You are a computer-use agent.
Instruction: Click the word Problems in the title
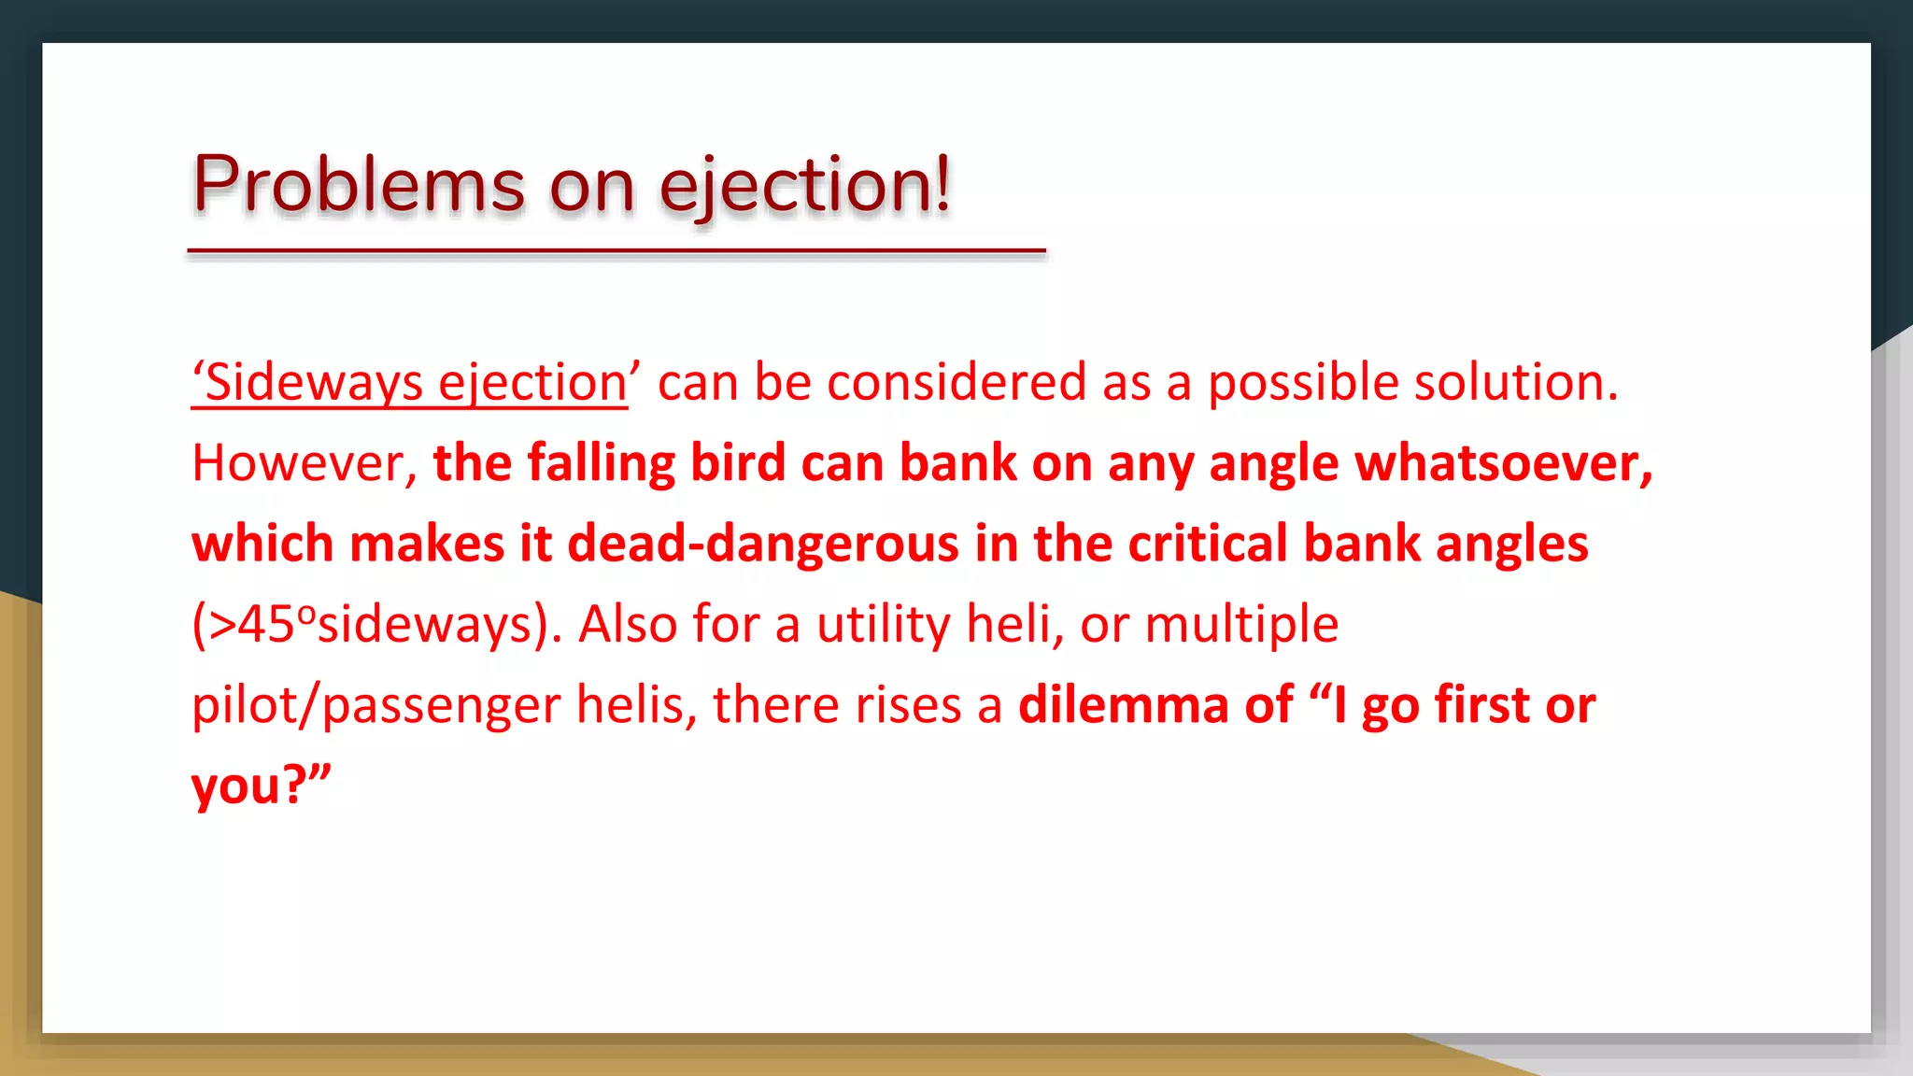[x=359, y=184]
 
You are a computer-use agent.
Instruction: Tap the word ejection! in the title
[x=805, y=186]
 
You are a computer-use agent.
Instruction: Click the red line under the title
[x=616, y=251]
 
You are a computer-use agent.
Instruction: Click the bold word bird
[x=738, y=463]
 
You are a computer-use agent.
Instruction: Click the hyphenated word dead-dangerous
[x=763, y=544]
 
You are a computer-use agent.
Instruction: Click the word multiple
[x=1241, y=624]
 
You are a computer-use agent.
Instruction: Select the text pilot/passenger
[x=376, y=705]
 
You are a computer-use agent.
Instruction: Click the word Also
[x=627, y=624]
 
